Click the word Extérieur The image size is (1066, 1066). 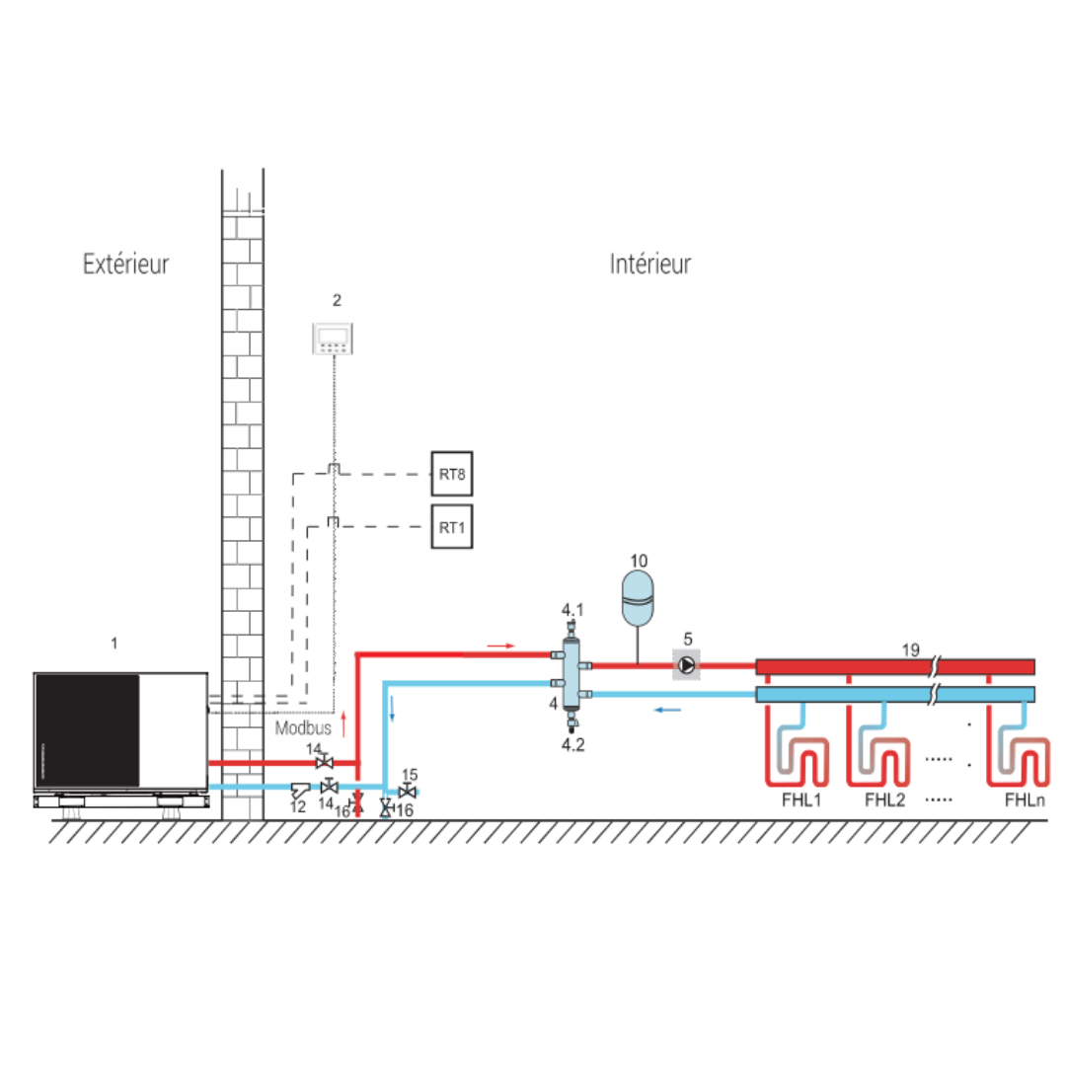pos(125,265)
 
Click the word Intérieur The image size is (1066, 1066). pos(649,265)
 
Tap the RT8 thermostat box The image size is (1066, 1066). pos(452,475)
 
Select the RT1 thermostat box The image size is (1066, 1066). pos(452,527)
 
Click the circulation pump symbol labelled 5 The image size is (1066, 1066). pos(685,664)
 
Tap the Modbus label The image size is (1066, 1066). pos(303,727)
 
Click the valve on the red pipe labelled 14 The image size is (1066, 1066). pos(322,763)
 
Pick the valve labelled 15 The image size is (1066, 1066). pos(407,792)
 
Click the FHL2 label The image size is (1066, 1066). pos(885,800)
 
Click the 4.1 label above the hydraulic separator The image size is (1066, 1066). pos(573,609)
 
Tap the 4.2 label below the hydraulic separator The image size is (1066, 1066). pos(573,744)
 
